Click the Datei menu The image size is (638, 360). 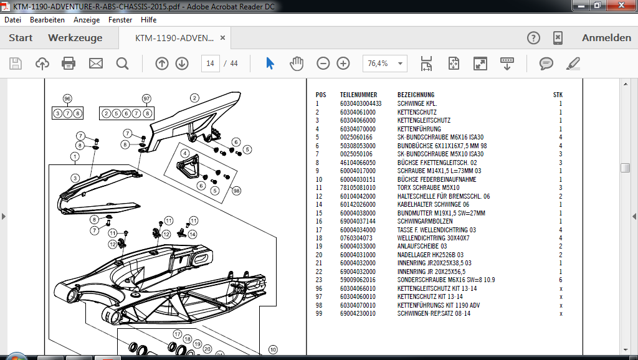[12, 19]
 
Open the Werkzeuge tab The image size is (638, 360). [75, 38]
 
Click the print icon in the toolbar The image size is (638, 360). [69, 64]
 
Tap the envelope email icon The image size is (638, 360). [96, 64]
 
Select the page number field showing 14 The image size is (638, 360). [211, 64]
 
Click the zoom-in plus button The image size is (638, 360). [343, 64]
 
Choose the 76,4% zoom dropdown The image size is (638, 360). [385, 64]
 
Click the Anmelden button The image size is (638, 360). [606, 38]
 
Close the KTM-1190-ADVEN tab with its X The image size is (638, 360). [222, 38]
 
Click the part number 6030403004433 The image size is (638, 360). [361, 104]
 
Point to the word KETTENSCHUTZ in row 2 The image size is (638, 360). [417, 112]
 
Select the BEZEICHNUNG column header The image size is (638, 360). [416, 95]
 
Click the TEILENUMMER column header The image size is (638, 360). [358, 95]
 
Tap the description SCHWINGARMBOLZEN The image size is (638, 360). [425, 221]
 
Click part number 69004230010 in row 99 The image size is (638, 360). [358, 314]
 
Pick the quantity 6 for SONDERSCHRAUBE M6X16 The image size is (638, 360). [561, 280]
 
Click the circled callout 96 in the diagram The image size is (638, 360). [67, 98]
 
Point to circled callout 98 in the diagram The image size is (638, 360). [236, 191]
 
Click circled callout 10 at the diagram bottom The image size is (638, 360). [273, 349]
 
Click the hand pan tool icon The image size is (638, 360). [297, 64]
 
